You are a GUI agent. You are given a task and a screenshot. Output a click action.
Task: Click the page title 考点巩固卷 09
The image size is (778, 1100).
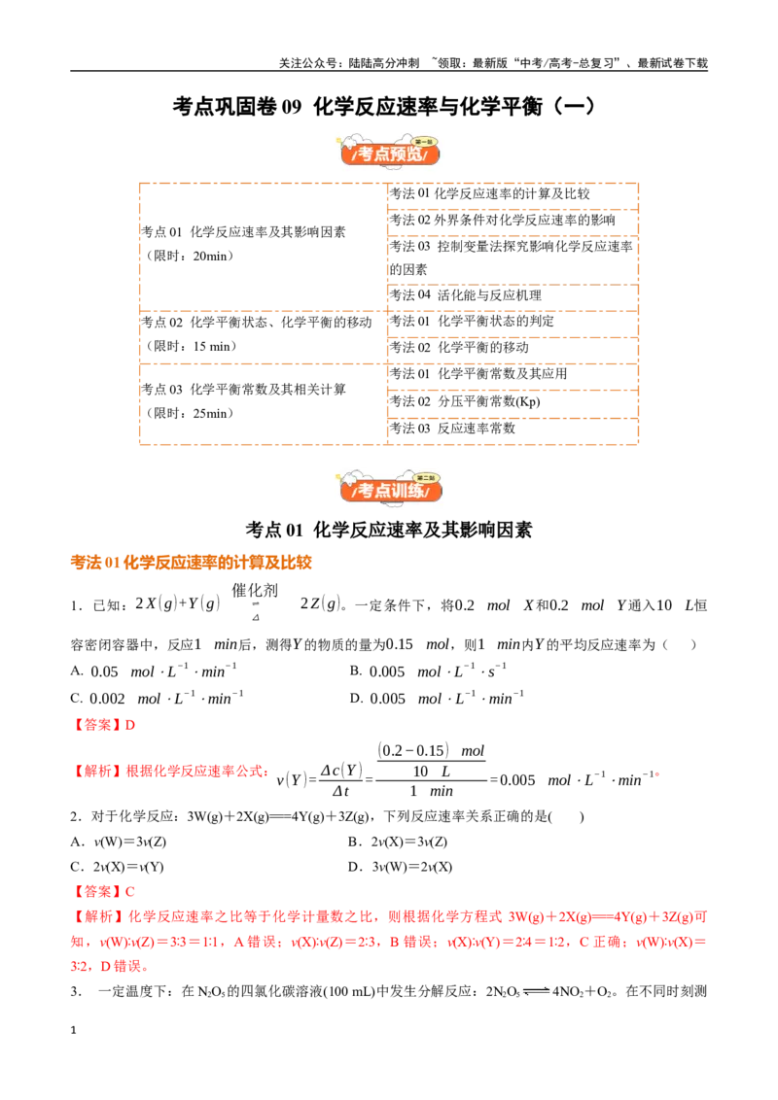237,107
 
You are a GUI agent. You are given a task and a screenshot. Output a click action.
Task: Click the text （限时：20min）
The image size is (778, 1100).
189,257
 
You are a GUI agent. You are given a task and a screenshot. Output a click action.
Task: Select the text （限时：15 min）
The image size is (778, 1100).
191,347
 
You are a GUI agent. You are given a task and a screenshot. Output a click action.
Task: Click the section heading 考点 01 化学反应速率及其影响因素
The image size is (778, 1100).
389,530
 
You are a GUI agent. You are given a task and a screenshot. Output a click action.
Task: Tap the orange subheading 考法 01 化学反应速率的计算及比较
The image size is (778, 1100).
191,563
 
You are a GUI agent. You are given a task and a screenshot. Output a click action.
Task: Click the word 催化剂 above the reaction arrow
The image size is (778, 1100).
255,591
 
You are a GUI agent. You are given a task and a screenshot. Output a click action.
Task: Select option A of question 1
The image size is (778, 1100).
154,671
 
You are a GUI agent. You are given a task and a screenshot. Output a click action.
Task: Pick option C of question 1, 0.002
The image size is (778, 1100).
158,699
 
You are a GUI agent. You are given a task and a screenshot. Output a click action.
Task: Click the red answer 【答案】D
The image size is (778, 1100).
103,725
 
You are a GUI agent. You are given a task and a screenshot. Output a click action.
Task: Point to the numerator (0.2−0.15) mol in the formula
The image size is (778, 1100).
431,750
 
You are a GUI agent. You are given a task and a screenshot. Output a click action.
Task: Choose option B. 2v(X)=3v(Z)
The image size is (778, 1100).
398,842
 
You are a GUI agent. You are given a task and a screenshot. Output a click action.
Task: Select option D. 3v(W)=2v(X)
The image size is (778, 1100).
401,867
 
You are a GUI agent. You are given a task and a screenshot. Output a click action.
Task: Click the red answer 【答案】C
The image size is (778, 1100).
103,892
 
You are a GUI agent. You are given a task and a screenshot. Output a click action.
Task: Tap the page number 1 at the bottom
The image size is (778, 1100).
73,1030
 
